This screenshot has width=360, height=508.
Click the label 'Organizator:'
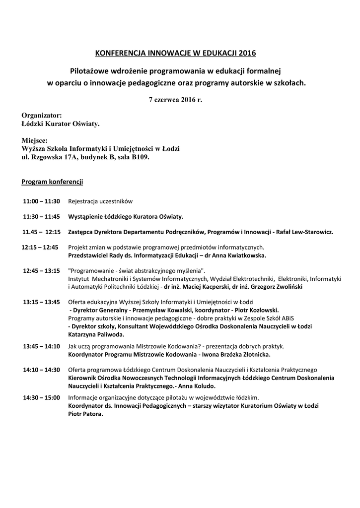pyautogui.click(x=42, y=115)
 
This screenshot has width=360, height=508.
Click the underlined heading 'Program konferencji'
pyautogui.click(x=52, y=182)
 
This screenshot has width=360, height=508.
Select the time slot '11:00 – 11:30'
pyautogui.click(x=41, y=201)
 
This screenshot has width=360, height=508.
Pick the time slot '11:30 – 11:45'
pyautogui.click(x=41, y=217)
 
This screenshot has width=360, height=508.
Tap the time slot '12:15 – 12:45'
pyautogui.click(x=40, y=247)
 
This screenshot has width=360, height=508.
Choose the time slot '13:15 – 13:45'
pyautogui.click(x=41, y=302)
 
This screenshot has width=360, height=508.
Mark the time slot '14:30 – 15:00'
pyautogui.click(x=41, y=398)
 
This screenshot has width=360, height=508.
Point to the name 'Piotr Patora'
pyautogui.click(x=85, y=413)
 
